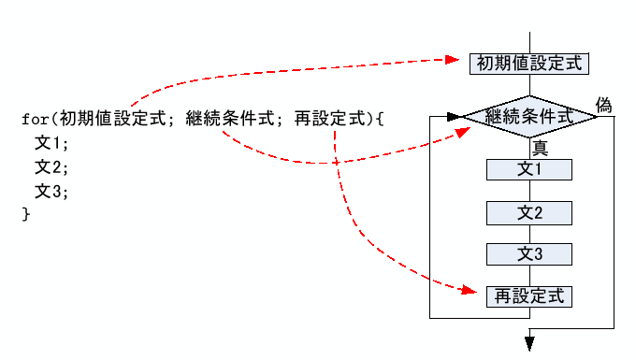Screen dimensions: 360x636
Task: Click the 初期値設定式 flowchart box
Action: [x=529, y=64]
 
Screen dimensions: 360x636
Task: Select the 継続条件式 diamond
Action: [x=530, y=118]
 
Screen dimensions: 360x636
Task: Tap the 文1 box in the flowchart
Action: [x=529, y=169]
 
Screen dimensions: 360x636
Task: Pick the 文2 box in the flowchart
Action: [x=529, y=212]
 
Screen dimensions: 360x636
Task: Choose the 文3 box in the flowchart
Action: [x=529, y=253]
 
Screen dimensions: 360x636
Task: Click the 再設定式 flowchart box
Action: [x=529, y=296]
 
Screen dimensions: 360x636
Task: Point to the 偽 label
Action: [x=603, y=105]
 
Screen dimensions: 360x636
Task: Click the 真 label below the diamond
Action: [x=540, y=146]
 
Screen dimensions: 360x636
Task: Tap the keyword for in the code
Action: [x=35, y=120]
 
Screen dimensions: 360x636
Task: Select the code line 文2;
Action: [x=52, y=168]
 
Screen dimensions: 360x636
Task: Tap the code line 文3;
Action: [x=52, y=192]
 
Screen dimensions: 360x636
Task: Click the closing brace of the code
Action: [x=25, y=215]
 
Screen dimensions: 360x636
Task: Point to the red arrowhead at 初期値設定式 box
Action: [x=463, y=60]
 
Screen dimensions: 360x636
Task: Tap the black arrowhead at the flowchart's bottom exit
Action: [x=529, y=343]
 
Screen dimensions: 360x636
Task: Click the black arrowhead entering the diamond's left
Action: [x=455, y=118]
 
